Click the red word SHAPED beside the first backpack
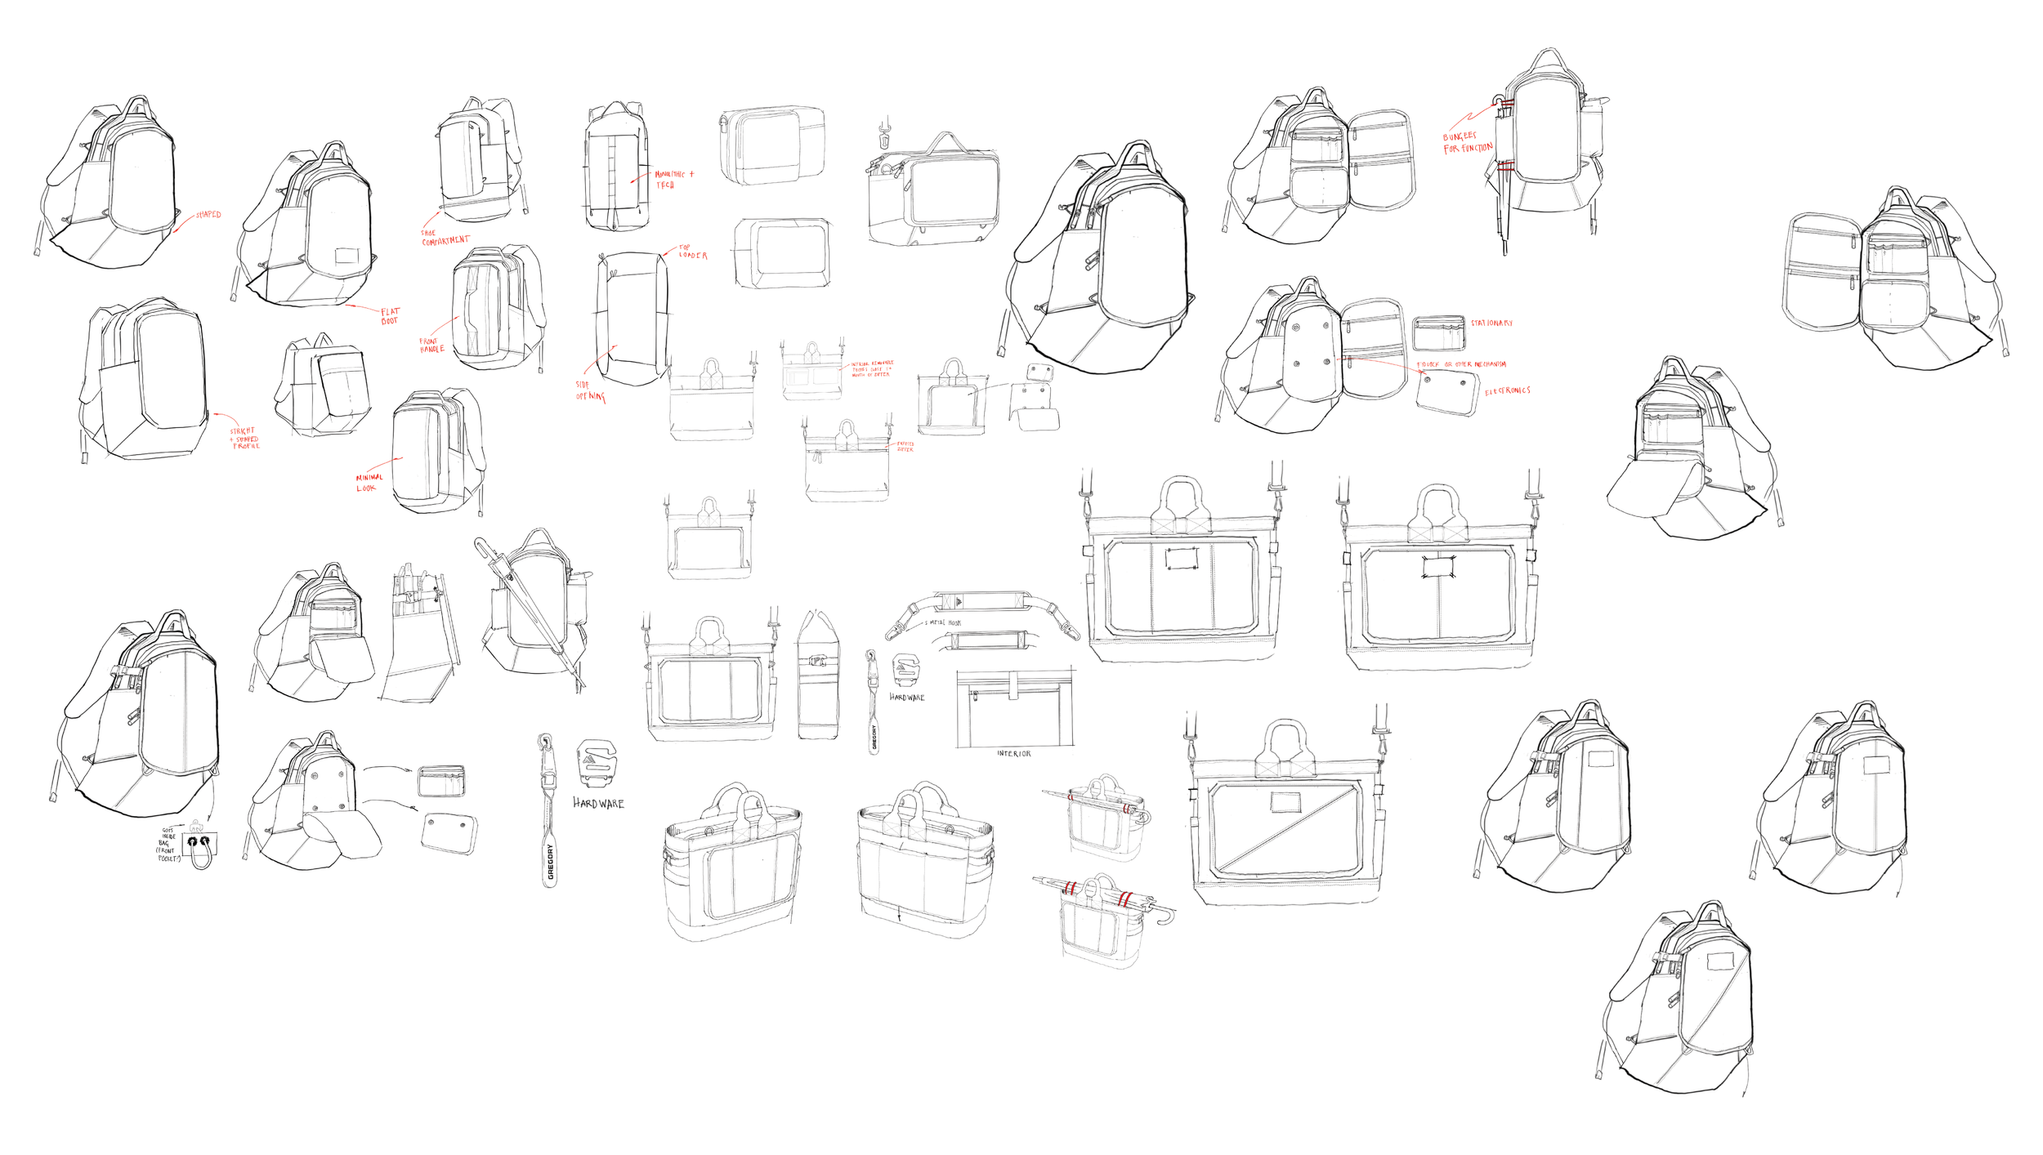[208, 215]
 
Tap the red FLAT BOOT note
[390, 316]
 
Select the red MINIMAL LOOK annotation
[369, 483]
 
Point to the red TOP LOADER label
[692, 252]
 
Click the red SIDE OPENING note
[590, 391]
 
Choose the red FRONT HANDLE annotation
[431, 346]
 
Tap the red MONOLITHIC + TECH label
[673, 180]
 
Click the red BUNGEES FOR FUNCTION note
[1467, 142]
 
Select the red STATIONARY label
[1491, 323]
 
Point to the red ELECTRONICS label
[1507, 391]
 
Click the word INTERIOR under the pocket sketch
[1013, 754]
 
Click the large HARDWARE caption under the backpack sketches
[598, 804]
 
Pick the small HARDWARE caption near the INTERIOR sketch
[907, 698]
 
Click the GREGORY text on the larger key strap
[551, 863]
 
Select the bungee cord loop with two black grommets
[199, 848]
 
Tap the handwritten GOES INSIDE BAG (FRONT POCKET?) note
[168, 844]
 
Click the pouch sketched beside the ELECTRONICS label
[1447, 393]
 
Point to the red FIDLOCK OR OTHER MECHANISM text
[1460, 364]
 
